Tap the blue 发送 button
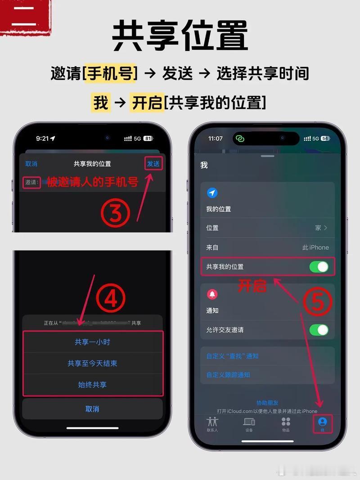(153, 164)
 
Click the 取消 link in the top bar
(31, 164)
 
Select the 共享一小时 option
(92, 342)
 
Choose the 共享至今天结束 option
(92, 363)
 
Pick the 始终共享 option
(92, 385)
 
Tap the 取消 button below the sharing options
(92, 409)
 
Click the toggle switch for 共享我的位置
(319, 267)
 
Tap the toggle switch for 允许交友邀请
(319, 330)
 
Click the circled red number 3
(116, 213)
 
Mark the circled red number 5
(318, 302)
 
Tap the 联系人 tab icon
(212, 422)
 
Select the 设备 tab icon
(249, 422)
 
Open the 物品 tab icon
(286, 422)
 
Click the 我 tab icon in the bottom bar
(322, 422)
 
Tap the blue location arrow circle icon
(212, 193)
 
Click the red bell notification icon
(212, 294)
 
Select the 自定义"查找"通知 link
(232, 356)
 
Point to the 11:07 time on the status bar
(216, 139)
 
